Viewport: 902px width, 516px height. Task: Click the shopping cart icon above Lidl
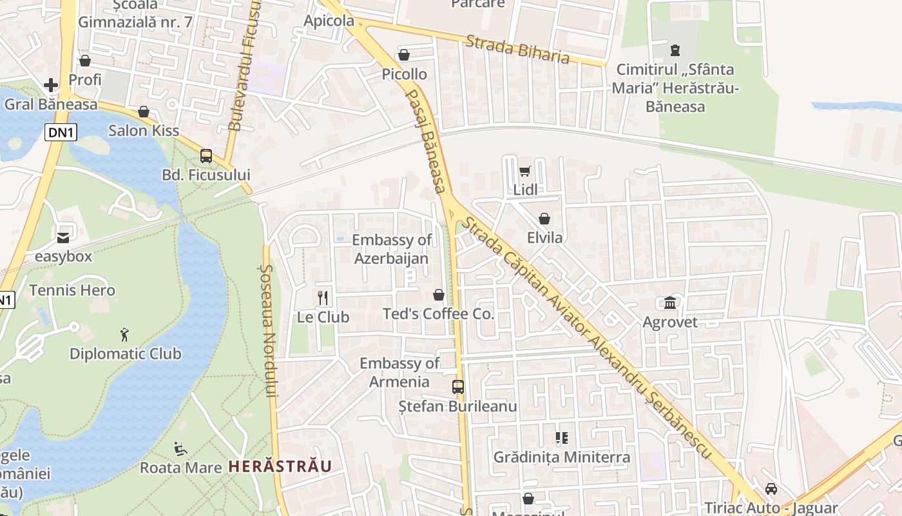click(x=524, y=172)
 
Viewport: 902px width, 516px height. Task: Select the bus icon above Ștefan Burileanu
click(x=457, y=387)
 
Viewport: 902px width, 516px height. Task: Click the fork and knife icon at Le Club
click(x=323, y=298)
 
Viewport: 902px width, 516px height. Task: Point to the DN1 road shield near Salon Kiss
click(x=60, y=132)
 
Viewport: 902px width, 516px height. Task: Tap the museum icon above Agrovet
click(x=670, y=303)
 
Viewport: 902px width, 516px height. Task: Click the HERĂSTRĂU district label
click(x=280, y=466)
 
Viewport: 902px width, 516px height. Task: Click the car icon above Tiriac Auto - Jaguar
click(x=771, y=489)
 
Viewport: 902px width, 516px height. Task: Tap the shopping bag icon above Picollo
click(x=404, y=55)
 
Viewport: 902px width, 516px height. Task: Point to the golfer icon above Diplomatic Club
click(x=125, y=335)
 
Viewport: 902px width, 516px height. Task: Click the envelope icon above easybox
click(x=63, y=237)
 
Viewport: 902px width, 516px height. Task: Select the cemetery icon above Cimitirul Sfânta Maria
click(x=675, y=50)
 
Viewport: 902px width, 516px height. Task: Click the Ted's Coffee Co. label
click(x=438, y=314)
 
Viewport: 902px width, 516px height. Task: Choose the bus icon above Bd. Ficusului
click(x=206, y=155)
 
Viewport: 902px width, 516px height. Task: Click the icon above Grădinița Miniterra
click(x=561, y=439)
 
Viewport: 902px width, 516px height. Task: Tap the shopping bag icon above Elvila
click(x=544, y=219)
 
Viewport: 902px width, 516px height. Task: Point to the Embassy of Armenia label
click(x=399, y=372)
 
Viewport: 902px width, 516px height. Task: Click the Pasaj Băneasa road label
click(x=425, y=141)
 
